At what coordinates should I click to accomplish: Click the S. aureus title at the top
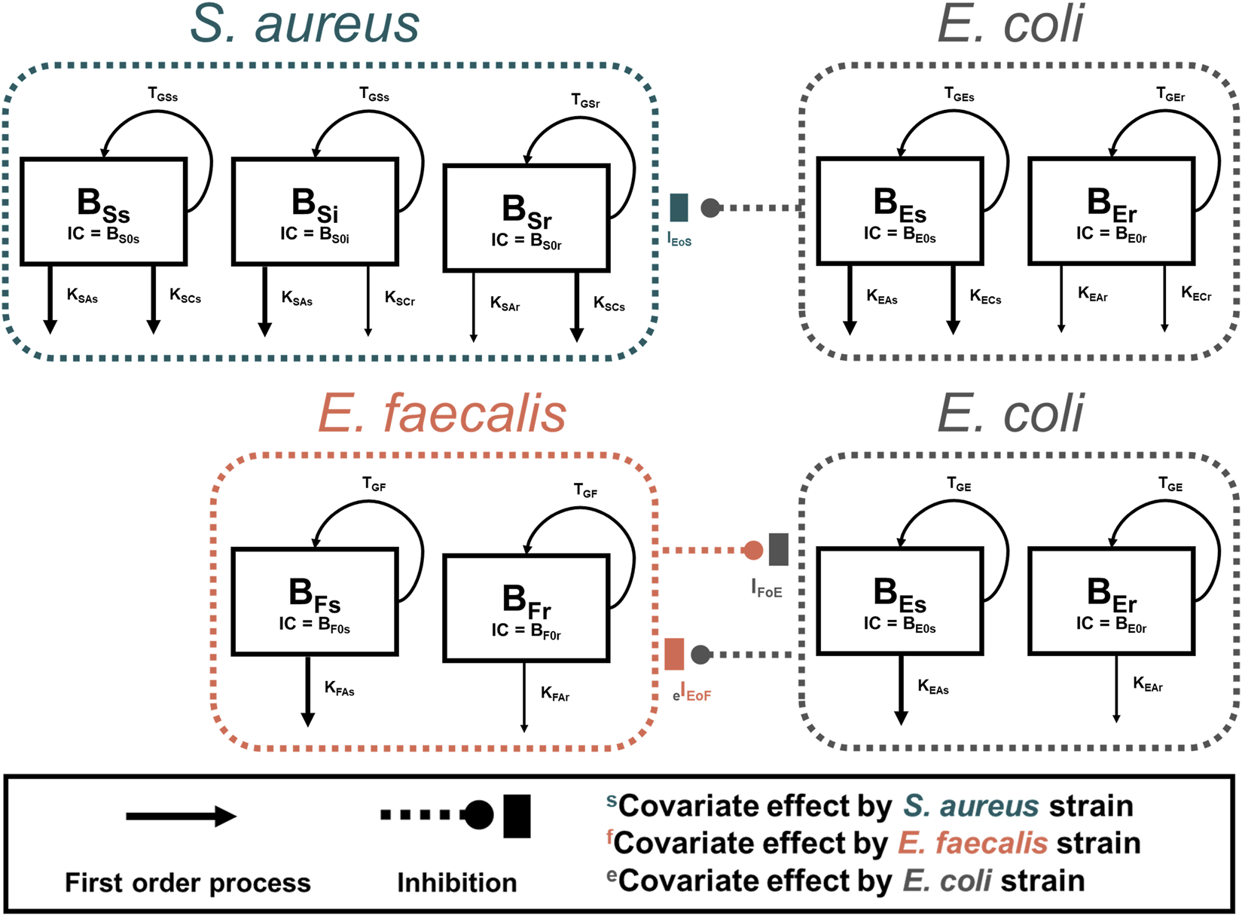click(x=304, y=24)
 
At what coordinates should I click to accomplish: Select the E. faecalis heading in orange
click(x=442, y=414)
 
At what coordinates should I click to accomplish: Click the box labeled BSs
click(x=103, y=212)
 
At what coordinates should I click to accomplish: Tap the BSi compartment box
click(x=315, y=212)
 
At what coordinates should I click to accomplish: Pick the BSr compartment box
click(x=526, y=218)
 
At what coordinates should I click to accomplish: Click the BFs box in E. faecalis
click(x=315, y=602)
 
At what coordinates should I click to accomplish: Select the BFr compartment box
click(x=526, y=609)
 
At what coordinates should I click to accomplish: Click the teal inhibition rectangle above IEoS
click(x=679, y=208)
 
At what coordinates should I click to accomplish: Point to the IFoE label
click(x=767, y=588)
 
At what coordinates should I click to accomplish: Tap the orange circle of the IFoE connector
click(x=752, y=550)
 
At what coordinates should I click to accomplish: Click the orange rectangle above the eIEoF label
click(x=674, y=654)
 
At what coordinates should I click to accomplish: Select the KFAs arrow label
click(x=339, y=689)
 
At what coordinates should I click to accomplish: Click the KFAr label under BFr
click(x=555, y=694)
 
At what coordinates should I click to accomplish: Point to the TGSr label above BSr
click(x=585, y=101)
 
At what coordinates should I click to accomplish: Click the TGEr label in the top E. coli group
click(x=1170, y=95)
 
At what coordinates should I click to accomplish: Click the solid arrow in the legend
click(x=181, y=816)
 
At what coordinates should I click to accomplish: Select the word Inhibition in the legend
click(x=457, y=882)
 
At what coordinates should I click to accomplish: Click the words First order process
click(x=188, y=882)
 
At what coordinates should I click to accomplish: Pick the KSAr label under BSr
click(x=505, y=304)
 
